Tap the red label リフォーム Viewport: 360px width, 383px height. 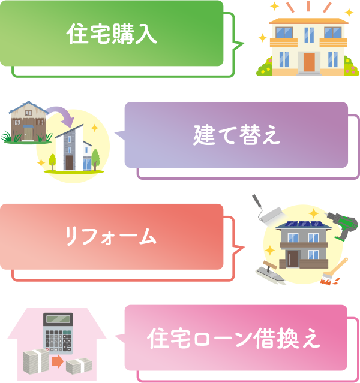click(x=111, y=237)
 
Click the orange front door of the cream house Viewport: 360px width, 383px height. click(x=308, y=62)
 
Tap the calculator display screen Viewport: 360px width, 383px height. click(x=58, y=320)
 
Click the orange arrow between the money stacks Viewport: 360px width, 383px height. click(x=57, y=361)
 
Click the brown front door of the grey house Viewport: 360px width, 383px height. click(x=292, y=258)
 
